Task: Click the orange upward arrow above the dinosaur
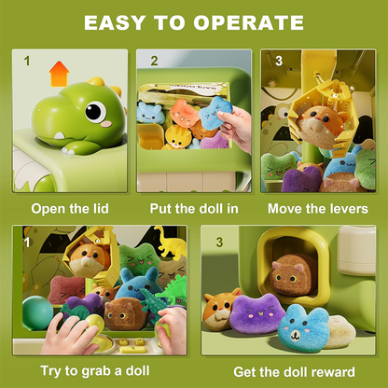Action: point(59,74)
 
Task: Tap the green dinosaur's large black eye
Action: point(95,111)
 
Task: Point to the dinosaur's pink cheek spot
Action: point(106,124)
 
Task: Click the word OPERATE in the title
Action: point(248,22)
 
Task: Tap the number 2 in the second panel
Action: point(154,62)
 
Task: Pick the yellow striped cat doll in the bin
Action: point(176,136)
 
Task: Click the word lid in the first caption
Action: point(100,208)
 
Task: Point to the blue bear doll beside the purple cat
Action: point(303,328)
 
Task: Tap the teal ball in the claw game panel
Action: point(37,312)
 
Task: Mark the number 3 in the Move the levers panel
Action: point(279,62)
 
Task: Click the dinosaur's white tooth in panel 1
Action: point(59,136)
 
